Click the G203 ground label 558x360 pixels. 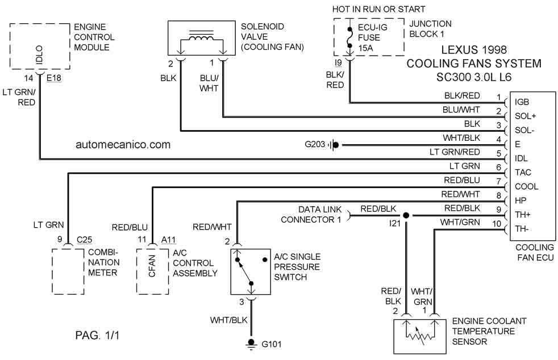[x=314, y=145]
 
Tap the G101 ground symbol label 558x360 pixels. [x=271, y=344]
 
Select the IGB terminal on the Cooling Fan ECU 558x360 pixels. [x=522, y=102]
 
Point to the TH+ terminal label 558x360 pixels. [x=523, y=215]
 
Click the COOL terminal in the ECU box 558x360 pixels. [x=526, y=187]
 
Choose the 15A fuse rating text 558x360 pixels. [x=367, y=48]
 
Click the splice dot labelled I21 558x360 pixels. [x=406, y=216]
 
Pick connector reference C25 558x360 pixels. [x=84, y=240]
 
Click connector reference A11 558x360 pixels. [x=168, y=240]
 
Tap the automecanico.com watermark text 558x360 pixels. [x=123, y=145]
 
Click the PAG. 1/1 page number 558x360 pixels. [x=97, y=336]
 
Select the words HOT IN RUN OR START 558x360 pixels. [x=379, y=9]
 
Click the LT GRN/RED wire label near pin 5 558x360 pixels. [x=455, y=152]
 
